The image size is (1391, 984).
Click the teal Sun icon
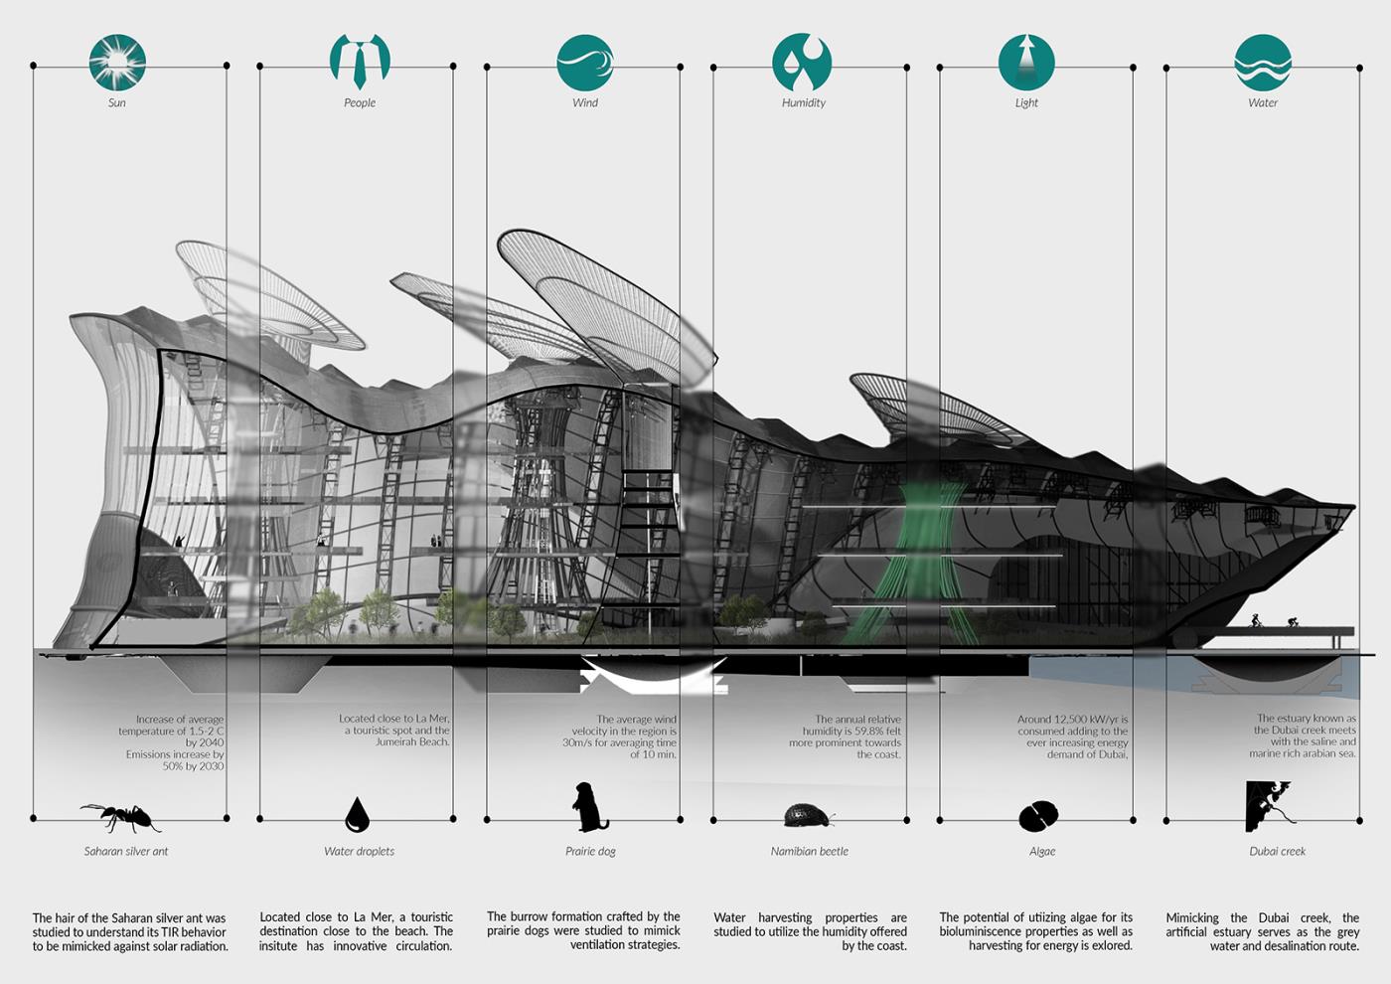coord(117,62)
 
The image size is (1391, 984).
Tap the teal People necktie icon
coord(360,61)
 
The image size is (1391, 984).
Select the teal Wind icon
coord(585,63)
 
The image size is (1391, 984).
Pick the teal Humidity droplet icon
coord(802,62)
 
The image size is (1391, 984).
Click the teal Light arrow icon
coord(1025,62)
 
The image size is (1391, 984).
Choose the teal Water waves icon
coord(1263,63)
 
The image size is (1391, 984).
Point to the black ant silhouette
coord(121,817)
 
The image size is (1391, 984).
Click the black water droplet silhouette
coord(357,814)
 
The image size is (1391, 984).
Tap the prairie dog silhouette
coord(589,807)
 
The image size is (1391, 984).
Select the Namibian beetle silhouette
coord(807,815)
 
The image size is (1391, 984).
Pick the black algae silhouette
coord(1039,816)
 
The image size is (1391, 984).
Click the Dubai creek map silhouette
coord(1269,806)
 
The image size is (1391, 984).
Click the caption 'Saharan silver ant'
coord(126,851)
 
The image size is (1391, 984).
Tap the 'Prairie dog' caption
coord(590,851)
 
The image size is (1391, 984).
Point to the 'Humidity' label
coord(804,102)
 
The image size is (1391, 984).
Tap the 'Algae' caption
coord(1042,852)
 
